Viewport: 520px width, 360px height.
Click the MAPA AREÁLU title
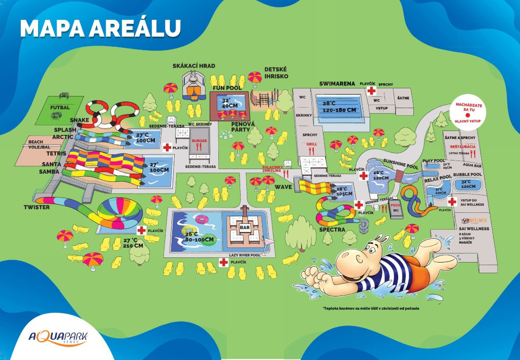(100, 28)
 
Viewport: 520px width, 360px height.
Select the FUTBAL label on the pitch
(60, 108)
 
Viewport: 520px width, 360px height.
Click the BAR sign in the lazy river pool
(245, 228)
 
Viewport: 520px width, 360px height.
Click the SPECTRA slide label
(333, 230)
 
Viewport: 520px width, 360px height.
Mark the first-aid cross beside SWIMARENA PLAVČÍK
(372, 91)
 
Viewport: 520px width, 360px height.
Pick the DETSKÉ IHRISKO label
(276, 73)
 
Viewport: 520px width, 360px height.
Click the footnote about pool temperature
(371, 309)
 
